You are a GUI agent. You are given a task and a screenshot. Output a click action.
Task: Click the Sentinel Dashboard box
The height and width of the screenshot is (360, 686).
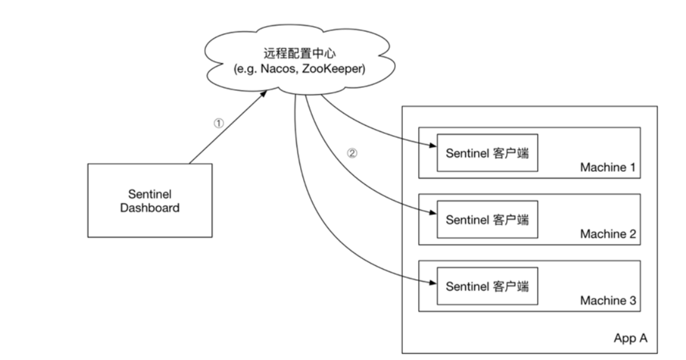click(149, 200)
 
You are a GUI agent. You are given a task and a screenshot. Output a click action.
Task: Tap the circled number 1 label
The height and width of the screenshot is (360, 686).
click(218, 123)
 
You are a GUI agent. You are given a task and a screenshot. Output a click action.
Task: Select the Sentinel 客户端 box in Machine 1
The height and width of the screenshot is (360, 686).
click(487, 153)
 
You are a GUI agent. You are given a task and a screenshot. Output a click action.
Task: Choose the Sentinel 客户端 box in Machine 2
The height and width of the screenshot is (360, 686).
click(487, 219)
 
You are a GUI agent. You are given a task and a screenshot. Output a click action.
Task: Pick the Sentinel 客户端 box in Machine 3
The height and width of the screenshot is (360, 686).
click(487, 286)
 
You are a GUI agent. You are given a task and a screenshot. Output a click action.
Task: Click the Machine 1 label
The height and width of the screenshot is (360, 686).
click(608, 168)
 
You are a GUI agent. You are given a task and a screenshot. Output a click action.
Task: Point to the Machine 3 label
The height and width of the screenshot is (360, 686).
click(608, 301)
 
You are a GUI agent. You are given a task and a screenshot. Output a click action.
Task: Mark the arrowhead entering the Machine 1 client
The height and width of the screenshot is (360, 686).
click(434, 147)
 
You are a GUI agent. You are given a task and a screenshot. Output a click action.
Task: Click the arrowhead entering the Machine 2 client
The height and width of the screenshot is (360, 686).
click(434, 214)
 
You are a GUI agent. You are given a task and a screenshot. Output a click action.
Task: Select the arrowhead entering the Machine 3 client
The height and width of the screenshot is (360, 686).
click(434, 282)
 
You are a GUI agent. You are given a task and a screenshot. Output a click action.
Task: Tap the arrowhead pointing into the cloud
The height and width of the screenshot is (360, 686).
click(267, 93)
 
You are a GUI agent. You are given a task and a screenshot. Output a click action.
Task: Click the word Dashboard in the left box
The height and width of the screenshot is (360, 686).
click(149, 207)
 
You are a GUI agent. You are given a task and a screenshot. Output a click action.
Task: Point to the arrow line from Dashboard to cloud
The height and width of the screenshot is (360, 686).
click(227, 128)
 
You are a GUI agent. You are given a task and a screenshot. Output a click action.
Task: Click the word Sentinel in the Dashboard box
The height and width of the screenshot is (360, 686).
click(149, 194)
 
